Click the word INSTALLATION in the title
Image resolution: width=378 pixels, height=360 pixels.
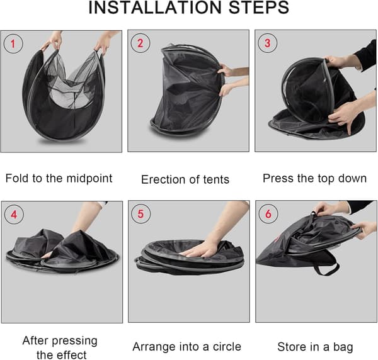[x=155, y=8]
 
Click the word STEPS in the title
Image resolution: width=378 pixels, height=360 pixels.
[x=259, y=8]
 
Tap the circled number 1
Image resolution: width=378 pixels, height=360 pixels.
[x=13, y=43]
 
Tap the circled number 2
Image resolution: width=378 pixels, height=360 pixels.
[x=140, y=43]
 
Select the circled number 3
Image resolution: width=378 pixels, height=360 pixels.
[x=268, y=43]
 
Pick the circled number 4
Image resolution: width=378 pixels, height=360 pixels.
[x=14, y=215]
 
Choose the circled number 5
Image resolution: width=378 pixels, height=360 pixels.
[x=140, y=214]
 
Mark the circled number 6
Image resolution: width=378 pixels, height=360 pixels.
[x=268, y=213]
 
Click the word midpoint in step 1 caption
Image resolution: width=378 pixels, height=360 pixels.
[x=89, y=179]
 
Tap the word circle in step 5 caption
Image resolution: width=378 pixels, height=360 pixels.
[x=227, y=347]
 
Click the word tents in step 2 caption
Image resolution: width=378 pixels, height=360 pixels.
[x=216, y=180]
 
